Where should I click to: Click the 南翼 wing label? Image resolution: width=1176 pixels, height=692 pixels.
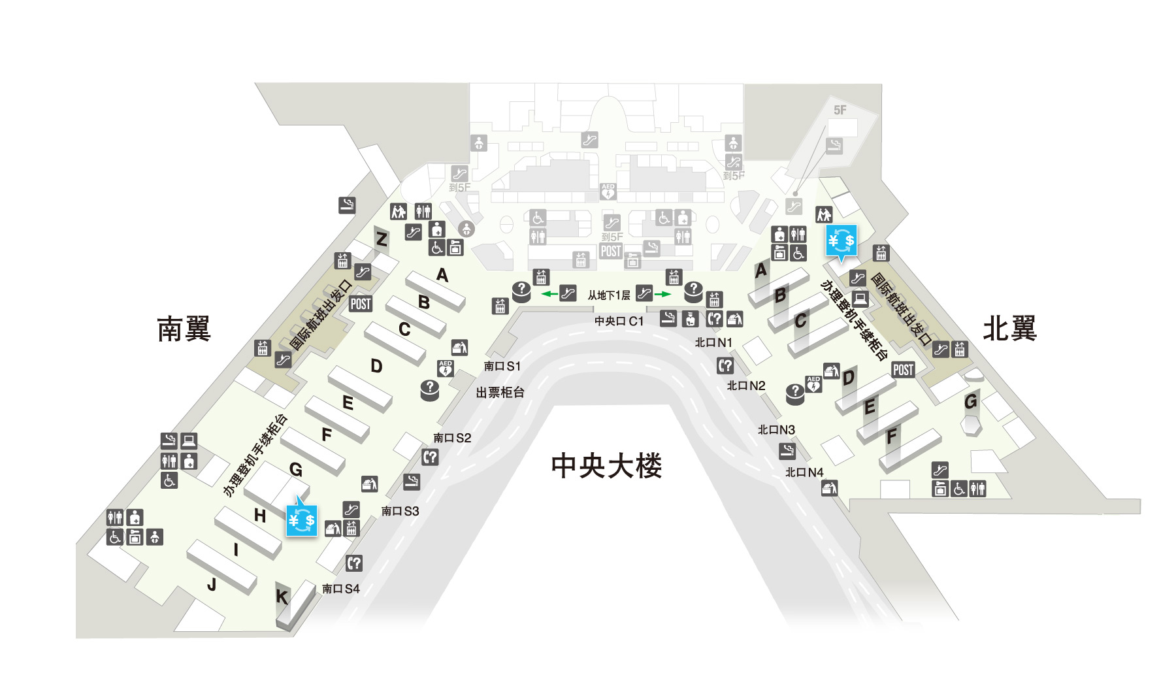pos(184,329)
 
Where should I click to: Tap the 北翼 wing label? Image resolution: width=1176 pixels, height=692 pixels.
pos(1010,328)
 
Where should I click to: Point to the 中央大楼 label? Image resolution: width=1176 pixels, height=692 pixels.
pos(606,466)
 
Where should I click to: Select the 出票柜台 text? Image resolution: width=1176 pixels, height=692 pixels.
pos(500,392)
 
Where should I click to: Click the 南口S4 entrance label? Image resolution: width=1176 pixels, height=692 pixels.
pos(340,589)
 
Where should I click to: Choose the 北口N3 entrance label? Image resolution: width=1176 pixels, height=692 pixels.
pos(776,429)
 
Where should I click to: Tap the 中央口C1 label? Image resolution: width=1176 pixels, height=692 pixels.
pos(619,321)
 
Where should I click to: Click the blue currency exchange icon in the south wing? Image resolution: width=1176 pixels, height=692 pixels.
pos(302,520)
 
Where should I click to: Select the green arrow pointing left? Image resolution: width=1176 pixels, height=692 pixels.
pos(549,294)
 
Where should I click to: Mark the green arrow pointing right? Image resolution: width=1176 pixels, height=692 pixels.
pos(663,294)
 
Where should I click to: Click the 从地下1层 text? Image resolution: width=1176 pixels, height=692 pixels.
pos(608,295)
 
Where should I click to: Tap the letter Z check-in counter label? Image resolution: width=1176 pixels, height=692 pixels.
pos(382,239)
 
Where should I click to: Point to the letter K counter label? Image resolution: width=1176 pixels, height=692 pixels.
pos(282,597)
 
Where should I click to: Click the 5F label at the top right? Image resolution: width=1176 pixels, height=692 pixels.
pos(840,110)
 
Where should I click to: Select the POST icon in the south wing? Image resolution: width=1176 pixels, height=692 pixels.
pos(361,304)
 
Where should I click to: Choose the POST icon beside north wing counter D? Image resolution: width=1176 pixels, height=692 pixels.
pos(903,370)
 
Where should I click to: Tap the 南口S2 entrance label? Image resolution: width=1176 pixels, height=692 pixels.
pos(452,438)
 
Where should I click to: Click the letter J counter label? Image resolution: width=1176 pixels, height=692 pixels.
pos(212,584)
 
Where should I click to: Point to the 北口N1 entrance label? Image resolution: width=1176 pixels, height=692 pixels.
pos(713,342)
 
